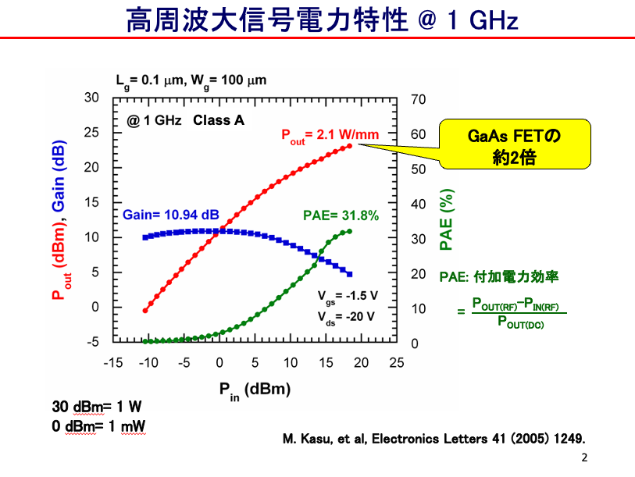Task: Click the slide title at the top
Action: tap(322, 20)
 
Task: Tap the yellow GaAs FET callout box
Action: tap(515, 145)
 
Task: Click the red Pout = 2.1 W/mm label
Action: tap(330, 134)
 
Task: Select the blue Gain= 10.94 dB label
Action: tap(171, 215)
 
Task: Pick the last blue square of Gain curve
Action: tap(349, 274)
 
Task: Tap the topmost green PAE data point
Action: tap(349, 231)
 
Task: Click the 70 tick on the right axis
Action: tap(418, 99)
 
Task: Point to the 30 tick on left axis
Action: tap(92, 98)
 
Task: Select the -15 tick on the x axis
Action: tap(113, 362)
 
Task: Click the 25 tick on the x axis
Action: tap(396, 362)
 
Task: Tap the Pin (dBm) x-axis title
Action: tap(255, 390)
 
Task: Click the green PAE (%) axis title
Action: tap(446, 219)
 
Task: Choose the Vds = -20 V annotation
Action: tap(347, 316)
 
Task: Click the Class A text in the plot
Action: tap(219, 120)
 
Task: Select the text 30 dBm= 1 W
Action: tap(97, 407)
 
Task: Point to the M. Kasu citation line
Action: tap(433, 439)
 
